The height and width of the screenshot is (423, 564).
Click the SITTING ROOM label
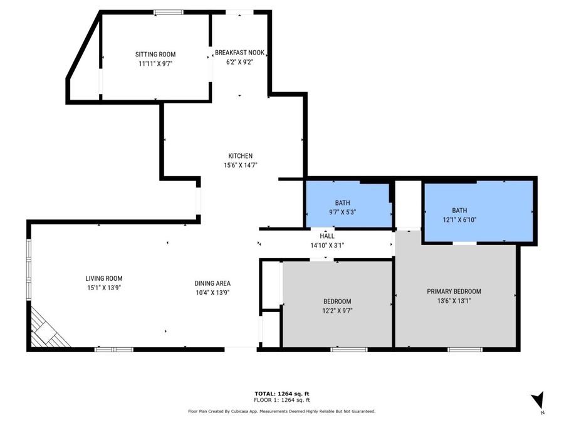pyautogui.click(x=156, y=55)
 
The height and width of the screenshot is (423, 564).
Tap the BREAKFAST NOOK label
pyautogui.click(x=239, y=53)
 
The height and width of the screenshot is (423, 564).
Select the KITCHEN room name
pyautogui.click(x=240, y=156)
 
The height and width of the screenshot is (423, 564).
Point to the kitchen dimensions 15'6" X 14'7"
pyautogui.click(x=240, y=165)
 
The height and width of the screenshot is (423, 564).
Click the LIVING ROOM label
pyautogui.click(x=104, y=278)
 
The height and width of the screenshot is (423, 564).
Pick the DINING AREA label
pyautogui.click(x=212, y=283)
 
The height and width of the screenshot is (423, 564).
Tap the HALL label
pyautogui.click(x=327, y=236)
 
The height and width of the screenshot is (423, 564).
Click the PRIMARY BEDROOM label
pyautogui.click(x=454, y=291)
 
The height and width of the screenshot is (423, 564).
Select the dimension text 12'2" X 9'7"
pyautogui.click(x=337, y=310)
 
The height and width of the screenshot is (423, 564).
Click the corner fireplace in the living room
pyautogui.click(x=48, y=329)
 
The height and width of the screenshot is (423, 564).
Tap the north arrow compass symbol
pyautogui.click(x=538, y=400)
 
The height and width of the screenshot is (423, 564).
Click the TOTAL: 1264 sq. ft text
pyautogui.click(x=281, y=393)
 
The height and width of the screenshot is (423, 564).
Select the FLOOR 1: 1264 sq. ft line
pyautogui.click(x=281, y=400)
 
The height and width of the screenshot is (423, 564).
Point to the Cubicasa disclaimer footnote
pyautogui.click(x=281, y=412)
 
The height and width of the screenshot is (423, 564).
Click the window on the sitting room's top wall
pyautogui.click(x=169, y=12)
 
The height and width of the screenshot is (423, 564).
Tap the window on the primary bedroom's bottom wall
pyautogui.click(x=464, y=349)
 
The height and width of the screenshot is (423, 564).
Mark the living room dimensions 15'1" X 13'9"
pyautogui.click(x=104, y=288)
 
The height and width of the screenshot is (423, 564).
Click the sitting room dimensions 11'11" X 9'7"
pyautogui.click(x=156, y=63)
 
